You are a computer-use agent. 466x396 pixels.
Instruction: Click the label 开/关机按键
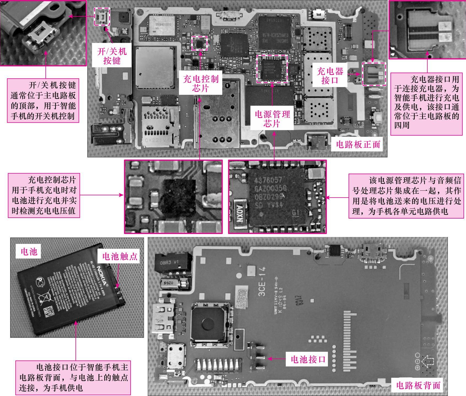[x=112, y=56]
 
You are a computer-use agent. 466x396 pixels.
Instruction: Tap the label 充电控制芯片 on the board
[x=200, y=83]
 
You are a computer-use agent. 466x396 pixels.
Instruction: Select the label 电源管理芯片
[x=272, y=118]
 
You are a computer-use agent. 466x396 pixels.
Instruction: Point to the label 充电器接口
[x=330, y=76]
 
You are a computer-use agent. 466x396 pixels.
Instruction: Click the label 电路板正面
[x=358, y=144]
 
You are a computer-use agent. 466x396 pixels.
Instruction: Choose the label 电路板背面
[x=418, y=385]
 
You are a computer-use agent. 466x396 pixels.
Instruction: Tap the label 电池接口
[x=308, y=359]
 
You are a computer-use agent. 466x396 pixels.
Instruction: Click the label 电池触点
[x=120, y=256]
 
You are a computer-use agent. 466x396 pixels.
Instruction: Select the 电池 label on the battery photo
[x=29, y=251]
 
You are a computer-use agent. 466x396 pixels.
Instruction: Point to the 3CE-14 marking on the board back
[x=262, y=281]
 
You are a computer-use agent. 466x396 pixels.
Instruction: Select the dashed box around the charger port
[x=374, y=74]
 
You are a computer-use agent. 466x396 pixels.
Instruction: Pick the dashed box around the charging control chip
[x=199, y=43]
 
